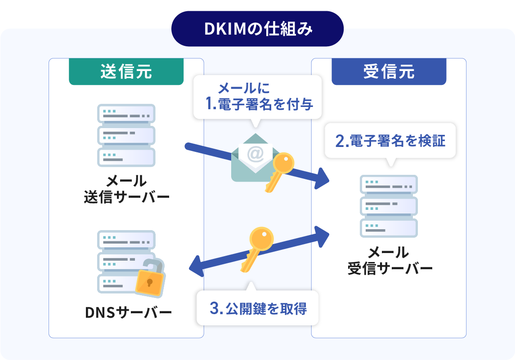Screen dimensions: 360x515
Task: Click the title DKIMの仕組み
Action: pos(257,29)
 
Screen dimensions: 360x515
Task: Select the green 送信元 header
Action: pos(126,72)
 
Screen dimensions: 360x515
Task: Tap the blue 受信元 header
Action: pos(389,72)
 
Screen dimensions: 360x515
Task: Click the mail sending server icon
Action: pos(126,135)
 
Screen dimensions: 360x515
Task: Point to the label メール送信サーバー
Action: pos(126,189)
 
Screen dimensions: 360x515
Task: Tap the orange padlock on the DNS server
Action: pos(150,280)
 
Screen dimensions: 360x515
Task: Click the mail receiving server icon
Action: pos(389,206)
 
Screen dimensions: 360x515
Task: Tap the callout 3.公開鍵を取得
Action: pos(258,309)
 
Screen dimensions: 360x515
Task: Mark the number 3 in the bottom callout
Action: pos(214,309)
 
